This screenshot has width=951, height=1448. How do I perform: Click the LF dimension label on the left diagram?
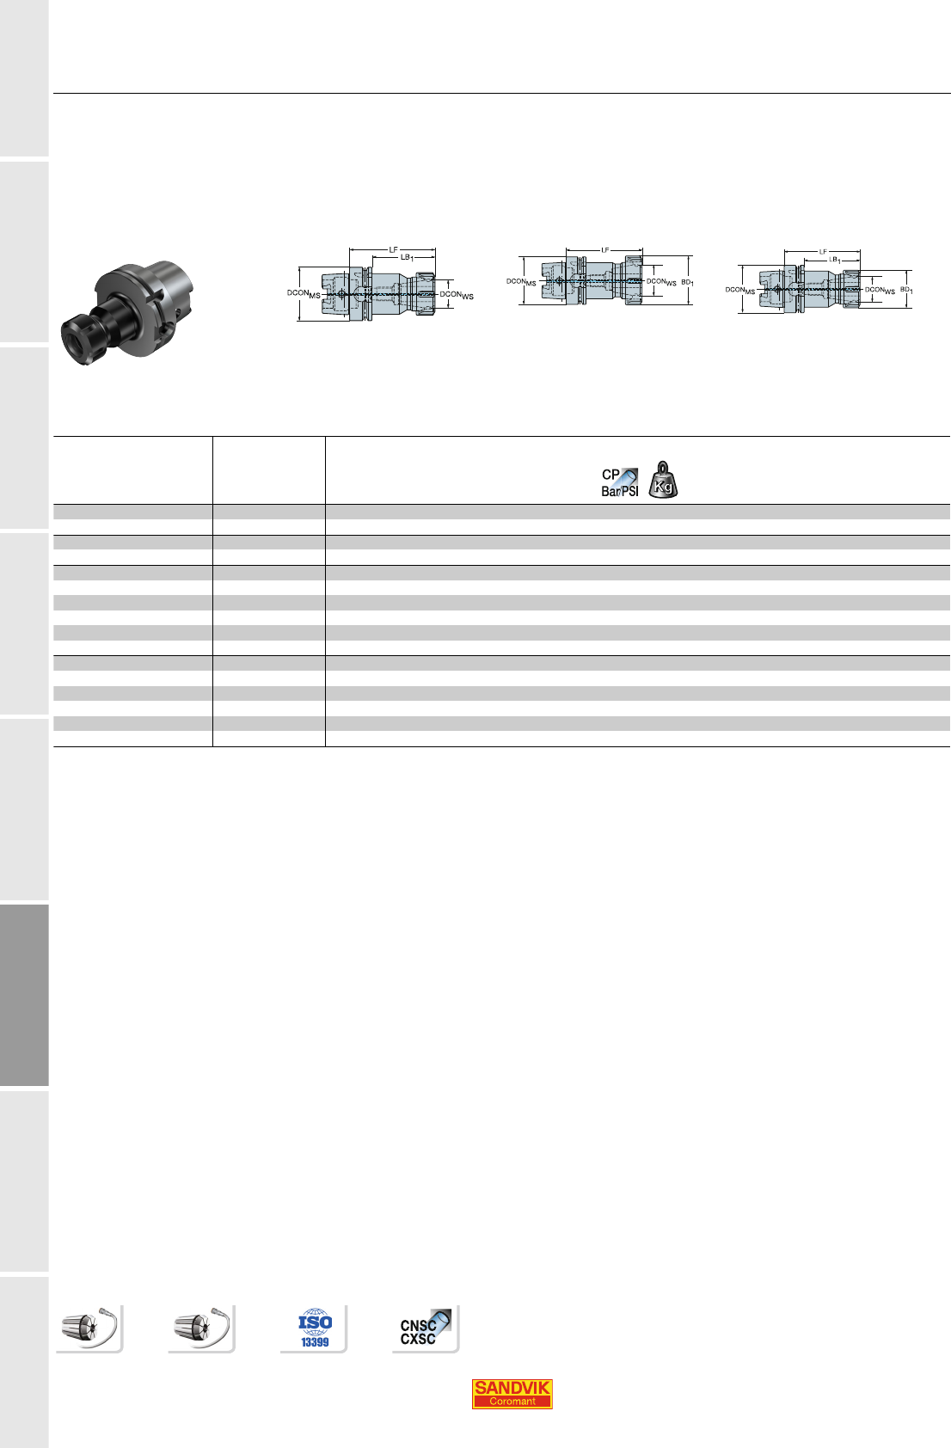[393, 249]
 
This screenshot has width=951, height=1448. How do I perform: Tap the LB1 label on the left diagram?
[407, 257]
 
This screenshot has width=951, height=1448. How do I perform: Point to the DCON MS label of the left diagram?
[304, 293]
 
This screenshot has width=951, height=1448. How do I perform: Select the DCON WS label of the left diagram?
[457, 295]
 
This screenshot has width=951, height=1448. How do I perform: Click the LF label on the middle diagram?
[605, 250]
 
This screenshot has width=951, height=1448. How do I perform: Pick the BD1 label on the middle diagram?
[687, 283]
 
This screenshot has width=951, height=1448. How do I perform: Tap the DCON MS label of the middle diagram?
[521, 282]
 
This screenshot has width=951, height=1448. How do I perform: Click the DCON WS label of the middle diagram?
[661, 282]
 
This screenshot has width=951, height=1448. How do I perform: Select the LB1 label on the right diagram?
[835, 260]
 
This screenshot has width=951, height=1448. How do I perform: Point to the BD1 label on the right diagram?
[906, 291]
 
